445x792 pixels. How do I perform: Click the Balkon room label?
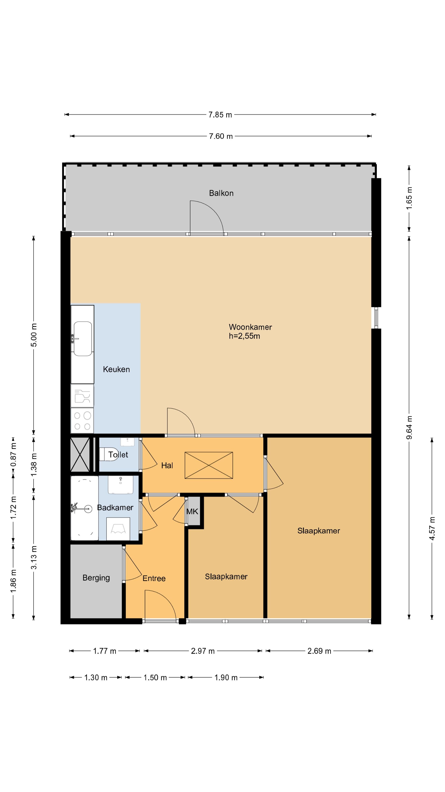pos(221,193)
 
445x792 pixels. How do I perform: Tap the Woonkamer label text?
pos(250,327)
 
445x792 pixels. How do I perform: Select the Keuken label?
pos(116,369)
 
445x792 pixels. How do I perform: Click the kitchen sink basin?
pos(83,338)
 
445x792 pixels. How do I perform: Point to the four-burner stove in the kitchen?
pos(82,420)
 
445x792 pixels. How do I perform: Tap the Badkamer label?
pos(115,508)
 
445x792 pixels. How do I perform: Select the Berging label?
pos(96,578)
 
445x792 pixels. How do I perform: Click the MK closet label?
pos(192,511)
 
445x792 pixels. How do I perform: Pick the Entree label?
pos(154,579)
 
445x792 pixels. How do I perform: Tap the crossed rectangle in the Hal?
pos(209,465)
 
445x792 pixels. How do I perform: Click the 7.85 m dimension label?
pos(220,115)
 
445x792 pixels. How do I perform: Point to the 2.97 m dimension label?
pos(203,651)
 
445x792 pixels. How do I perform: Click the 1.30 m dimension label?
pos(96,678)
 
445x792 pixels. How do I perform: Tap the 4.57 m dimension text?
pos(432,528)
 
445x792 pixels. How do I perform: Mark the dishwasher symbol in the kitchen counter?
pos(82,396)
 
